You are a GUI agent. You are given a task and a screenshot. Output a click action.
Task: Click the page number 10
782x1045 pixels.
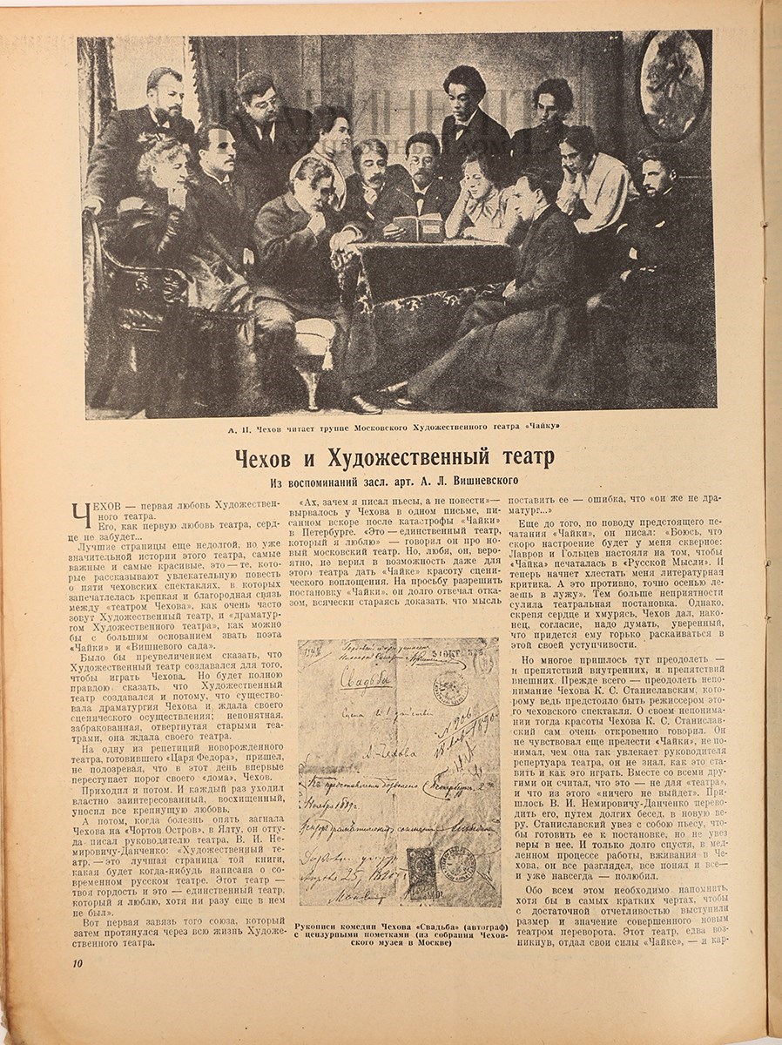click(78, 962)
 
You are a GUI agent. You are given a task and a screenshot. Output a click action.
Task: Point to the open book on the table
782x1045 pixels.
click(419, 227)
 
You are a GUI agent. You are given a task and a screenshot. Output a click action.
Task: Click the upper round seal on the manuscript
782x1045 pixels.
click(450, 688)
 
